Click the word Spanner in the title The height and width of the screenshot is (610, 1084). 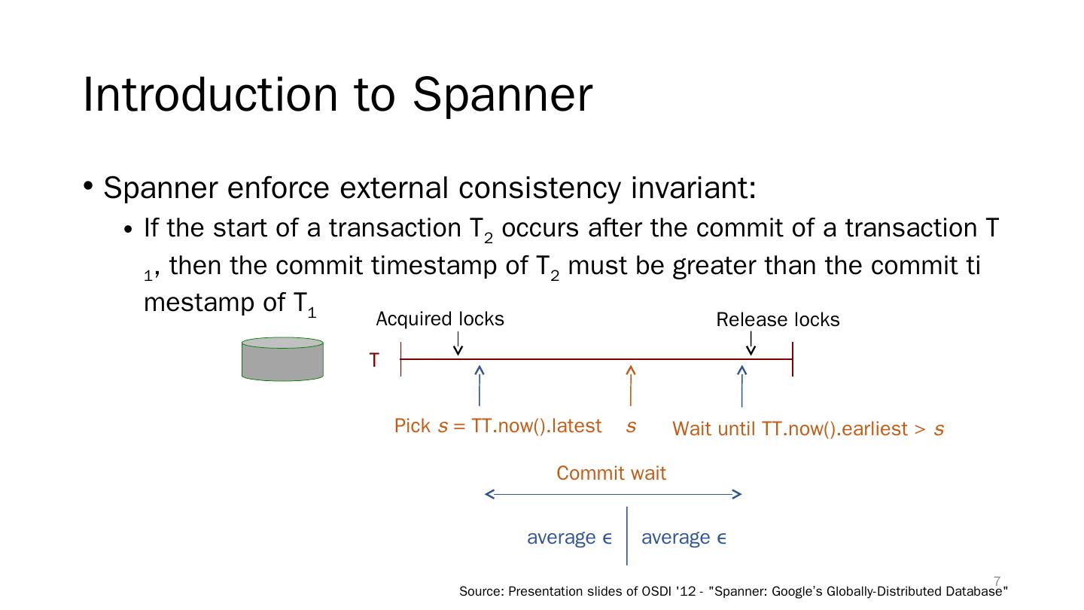point(502,95)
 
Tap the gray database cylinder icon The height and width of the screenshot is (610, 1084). point(282,359)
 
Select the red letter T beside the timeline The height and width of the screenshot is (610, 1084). point(374,360)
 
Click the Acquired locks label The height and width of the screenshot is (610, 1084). point(440,319)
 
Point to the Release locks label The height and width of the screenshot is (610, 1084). point(778,319)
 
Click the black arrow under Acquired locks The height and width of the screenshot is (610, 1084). point(458,343)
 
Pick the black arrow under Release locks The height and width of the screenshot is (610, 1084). point(751,343)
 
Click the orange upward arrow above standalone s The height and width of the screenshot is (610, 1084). point(631,386)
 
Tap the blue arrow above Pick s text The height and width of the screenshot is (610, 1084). point(480,386)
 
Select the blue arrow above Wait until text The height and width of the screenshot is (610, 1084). point(742,386)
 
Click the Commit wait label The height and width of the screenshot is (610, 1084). point(611,473)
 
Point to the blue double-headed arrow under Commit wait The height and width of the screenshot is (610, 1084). point(613,494)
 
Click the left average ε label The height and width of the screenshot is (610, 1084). point(570,538)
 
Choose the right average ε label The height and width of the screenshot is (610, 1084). point(684,538)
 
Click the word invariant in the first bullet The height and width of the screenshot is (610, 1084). point(693,188)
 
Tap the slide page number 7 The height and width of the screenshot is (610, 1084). point(997,581)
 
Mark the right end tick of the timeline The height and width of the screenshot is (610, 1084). point(793,359)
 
